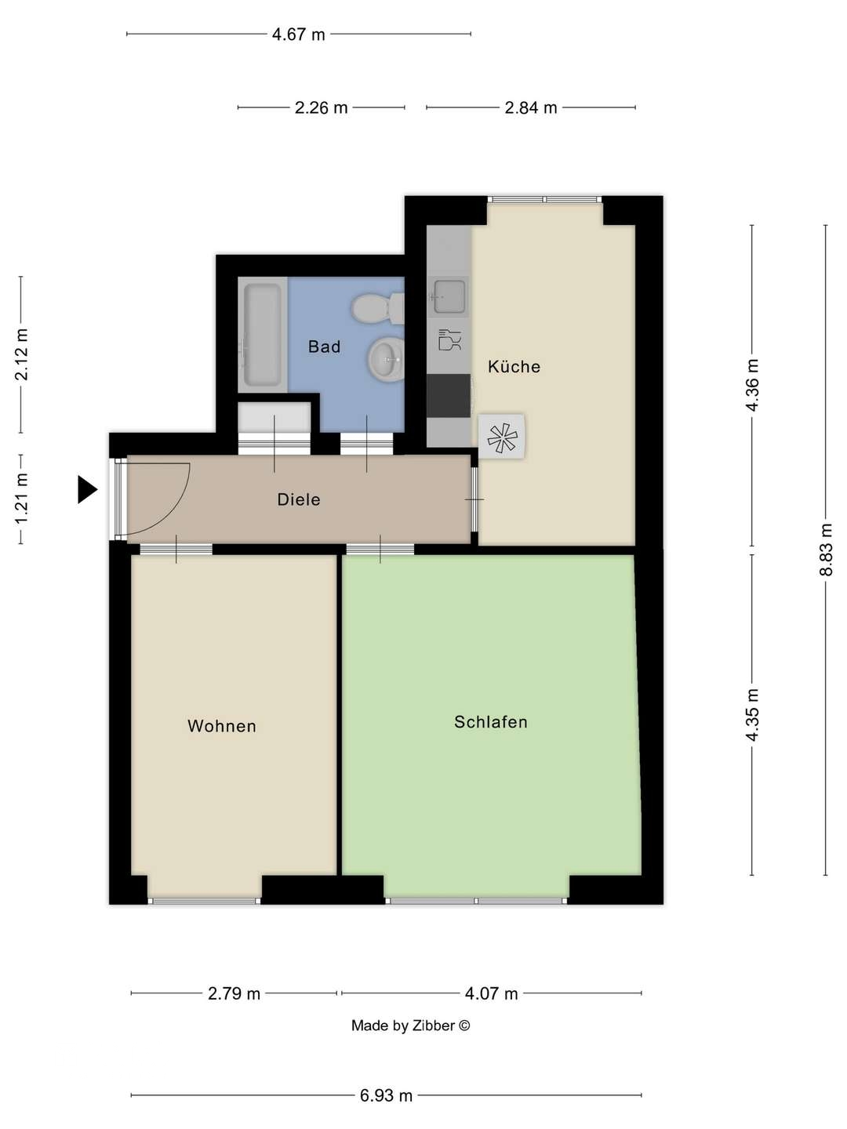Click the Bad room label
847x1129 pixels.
tap(324, 347)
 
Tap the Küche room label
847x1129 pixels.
tap(514, 366)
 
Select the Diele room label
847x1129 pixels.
tap(299, 499)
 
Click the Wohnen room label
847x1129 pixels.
tap(222, 726)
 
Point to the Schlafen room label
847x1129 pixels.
tap(491, 722)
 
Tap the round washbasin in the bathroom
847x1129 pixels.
tap(385, 360)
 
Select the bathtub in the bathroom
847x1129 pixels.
tap(262, 335)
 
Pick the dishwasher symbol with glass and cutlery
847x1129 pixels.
tap(449, 339)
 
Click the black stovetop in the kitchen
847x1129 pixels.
tap(449, 396)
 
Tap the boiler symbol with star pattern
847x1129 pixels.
tap(502, 437)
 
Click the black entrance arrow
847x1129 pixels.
tap(86, 489)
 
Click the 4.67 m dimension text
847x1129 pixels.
tap(298, 34)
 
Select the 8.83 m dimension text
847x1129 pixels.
tap(826, 550)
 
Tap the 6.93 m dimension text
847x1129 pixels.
tap(386, 1095)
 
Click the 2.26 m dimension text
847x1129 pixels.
tap(321, 108)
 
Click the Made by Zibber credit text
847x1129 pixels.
tap(410, 1026)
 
